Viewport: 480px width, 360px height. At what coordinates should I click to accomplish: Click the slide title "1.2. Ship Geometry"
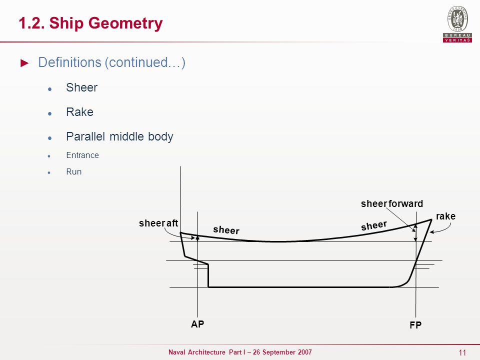click(x=90, y=23)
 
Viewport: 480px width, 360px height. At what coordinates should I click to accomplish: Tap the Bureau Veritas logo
click(x=457, y=23)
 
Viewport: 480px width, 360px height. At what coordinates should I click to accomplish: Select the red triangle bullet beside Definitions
click(x=24, y=63)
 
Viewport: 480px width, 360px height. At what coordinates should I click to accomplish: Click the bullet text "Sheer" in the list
click(x=81, y=87)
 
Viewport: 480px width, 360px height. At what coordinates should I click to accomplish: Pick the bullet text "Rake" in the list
click(x=79, y=112)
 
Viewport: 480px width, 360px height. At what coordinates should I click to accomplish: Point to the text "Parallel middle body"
click(x=119, y=136)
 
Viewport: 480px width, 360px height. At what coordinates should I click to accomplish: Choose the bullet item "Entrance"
click(x=82, y=155)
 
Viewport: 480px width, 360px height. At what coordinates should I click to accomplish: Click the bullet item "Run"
click(x=74, y=171)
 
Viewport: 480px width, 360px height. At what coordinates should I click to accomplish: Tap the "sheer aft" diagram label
click(x=158, y=223)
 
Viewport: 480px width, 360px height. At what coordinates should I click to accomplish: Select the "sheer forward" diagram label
click(x=392, y=203)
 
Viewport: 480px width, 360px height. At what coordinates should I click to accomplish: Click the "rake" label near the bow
click(x=445, y=216)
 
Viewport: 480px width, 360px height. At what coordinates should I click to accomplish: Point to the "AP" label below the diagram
click(x=197, y=324)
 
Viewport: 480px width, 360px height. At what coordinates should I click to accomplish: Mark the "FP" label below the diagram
click(x=415, y=325)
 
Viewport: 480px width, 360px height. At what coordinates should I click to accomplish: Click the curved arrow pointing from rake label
click(x=445, y=230)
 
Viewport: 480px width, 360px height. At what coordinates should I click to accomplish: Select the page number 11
click(x=462, y=352)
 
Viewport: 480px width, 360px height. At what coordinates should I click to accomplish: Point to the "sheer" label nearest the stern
click(x=226, y=230)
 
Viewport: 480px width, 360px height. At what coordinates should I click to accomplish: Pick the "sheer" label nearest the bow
click(x=374, y=225)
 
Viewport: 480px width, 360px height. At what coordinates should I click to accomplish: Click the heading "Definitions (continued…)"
click(x=111, y=62)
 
